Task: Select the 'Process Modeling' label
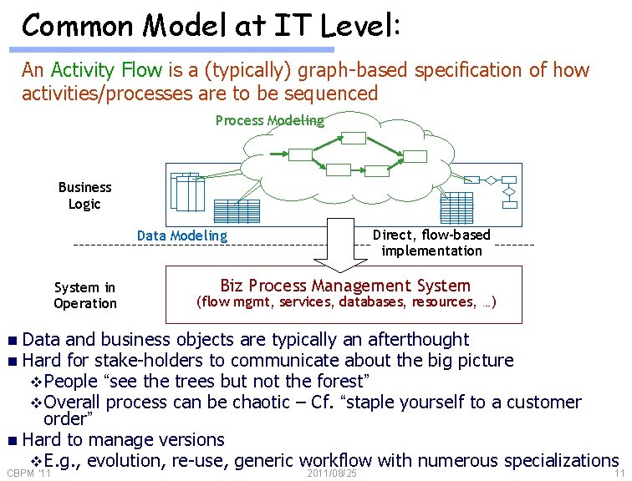(269, 120)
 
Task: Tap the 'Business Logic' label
(84, 195)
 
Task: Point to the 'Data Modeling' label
(182, 235)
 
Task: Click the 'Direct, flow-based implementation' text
(431, 242)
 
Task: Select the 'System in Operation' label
(85, 296)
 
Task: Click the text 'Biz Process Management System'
(345, 285)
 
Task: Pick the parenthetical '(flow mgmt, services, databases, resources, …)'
(345, 302)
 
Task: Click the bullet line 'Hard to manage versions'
(124, 439)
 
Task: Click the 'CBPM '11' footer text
(29, 473)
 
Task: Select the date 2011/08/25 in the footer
(332, 473)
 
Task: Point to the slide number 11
(619, 473)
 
